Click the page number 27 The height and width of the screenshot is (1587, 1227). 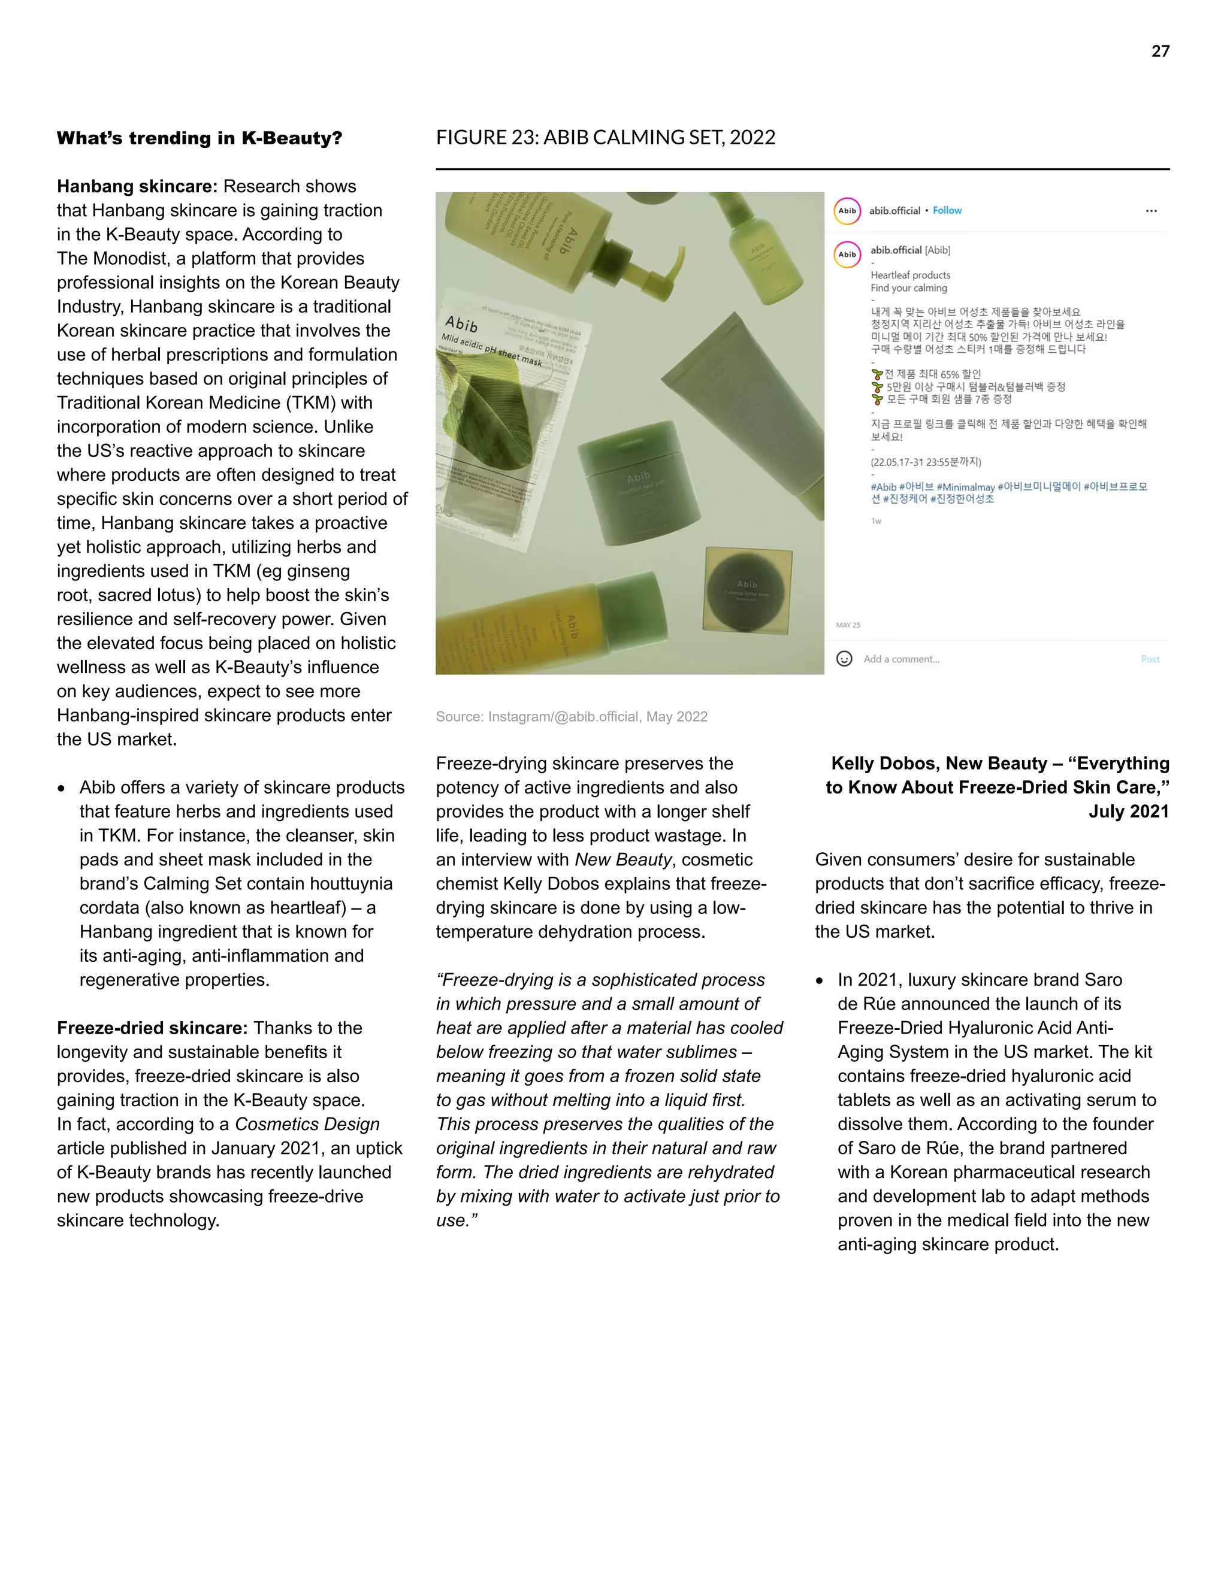[1160, 51]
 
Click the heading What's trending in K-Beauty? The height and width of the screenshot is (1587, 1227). [199, 138]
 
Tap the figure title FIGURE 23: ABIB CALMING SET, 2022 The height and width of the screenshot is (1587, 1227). [606, 137]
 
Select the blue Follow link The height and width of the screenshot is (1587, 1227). [947, 211]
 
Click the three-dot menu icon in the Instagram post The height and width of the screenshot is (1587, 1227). [1151, 211]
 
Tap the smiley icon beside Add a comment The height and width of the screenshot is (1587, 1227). [844, 659]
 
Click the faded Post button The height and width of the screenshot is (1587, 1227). [1149, 659]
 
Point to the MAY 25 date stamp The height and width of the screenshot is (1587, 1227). [848, 625]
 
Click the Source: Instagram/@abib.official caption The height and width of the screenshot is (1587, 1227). [572, 716]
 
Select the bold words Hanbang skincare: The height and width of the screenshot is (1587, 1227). [137, 187]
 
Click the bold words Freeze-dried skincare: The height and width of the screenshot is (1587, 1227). [153, 1028]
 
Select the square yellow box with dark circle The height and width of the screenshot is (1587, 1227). [747, 589]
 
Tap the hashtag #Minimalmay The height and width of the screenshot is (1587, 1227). [965, 487]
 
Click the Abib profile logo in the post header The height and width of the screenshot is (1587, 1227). [847, 211]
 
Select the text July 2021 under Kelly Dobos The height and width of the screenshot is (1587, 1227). [1128, 811]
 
